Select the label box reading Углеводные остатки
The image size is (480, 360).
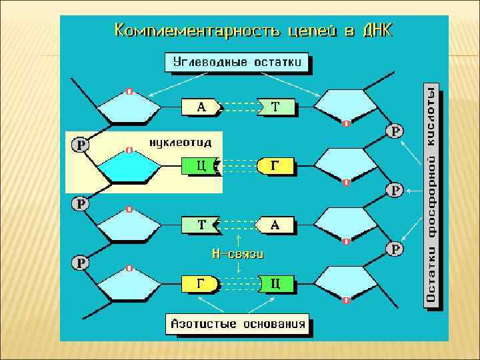[237, 63]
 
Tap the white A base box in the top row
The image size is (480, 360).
[201, 107]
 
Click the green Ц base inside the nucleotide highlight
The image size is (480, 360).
[199, 165]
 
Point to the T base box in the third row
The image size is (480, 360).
[200, 225]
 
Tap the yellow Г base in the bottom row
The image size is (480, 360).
[199, 284]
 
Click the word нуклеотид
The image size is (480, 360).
[180, 142]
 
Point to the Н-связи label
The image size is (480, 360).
[238, 253]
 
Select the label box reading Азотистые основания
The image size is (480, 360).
[238, 325]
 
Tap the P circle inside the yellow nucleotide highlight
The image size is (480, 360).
[81, 144]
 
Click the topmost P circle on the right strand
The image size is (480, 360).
[396, 131]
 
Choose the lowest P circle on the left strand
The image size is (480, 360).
[81, 263]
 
